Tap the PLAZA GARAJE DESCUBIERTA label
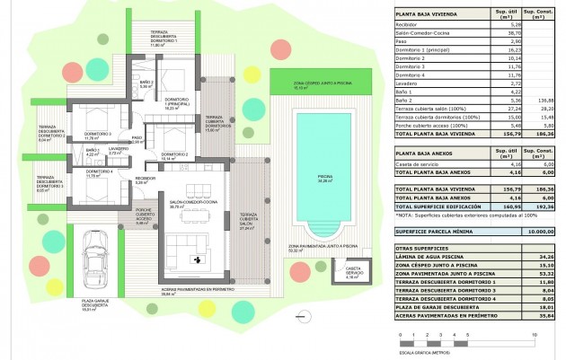pyautogui.click(x=95, y=305)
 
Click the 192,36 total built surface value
pyautogui.click(x=541, y=206)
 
